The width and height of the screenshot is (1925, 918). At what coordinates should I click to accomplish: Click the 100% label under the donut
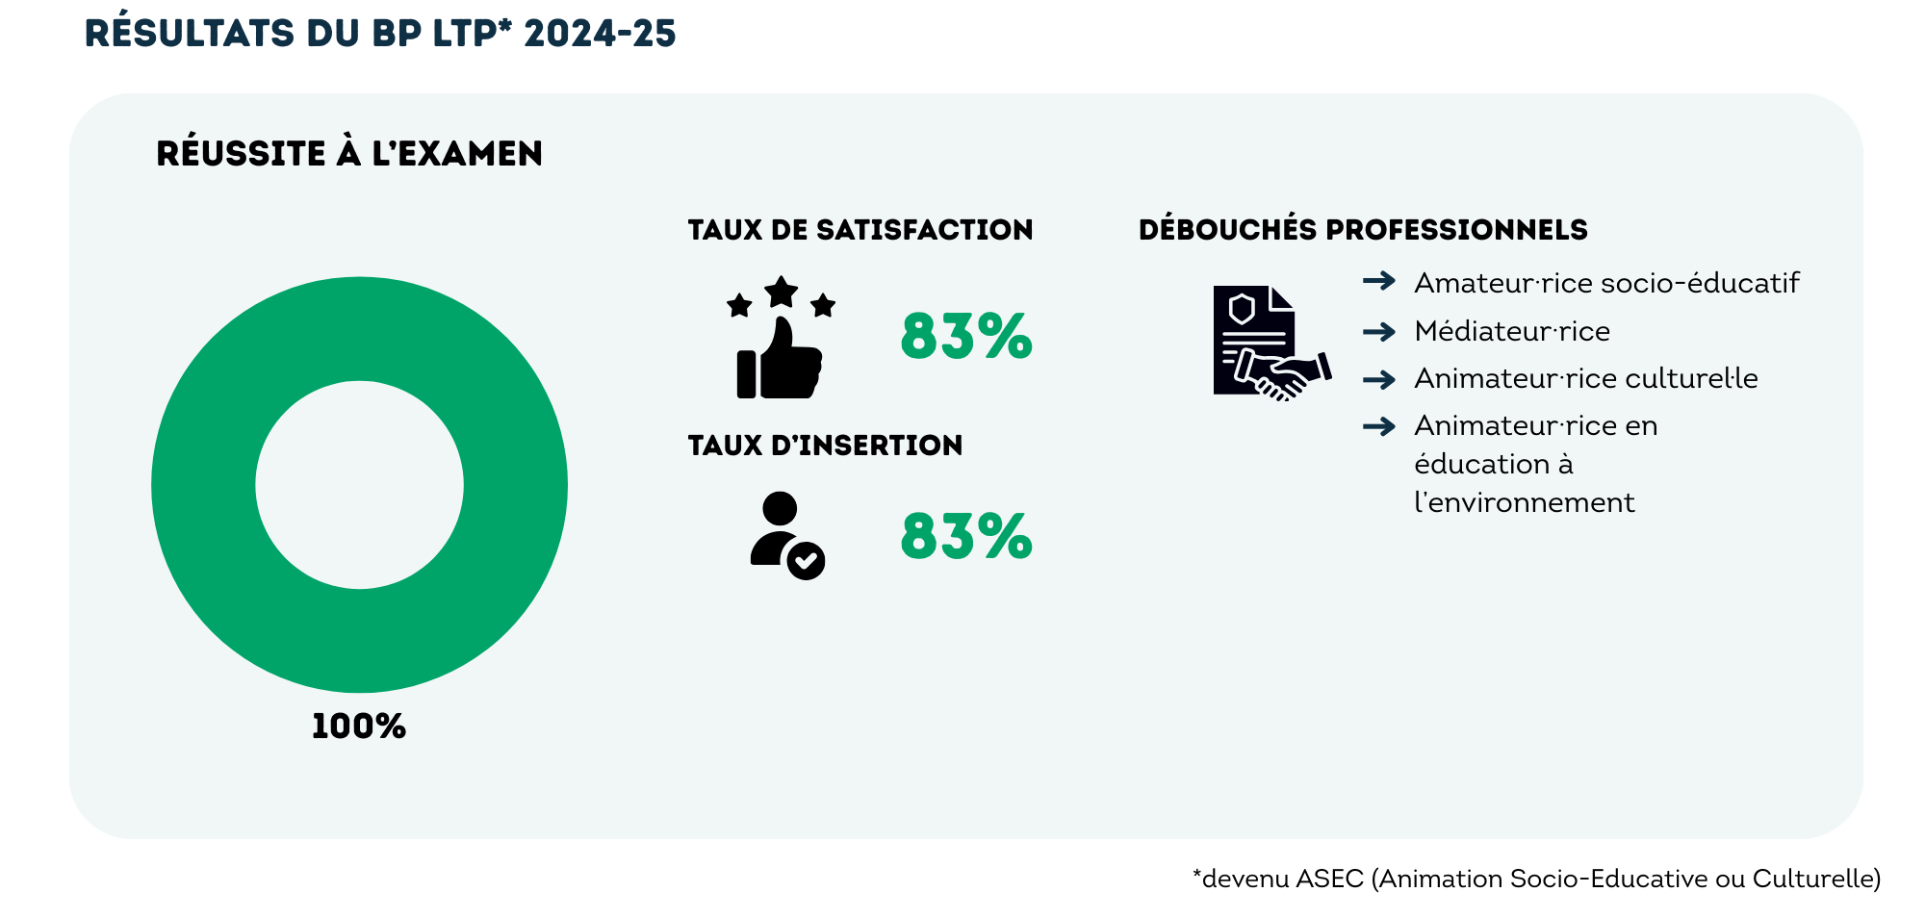[x=358, y=727]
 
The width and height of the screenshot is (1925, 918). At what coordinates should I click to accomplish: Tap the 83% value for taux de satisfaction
[x=965, y=337]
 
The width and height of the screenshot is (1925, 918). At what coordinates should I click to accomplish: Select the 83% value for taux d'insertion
[x=965, y=536]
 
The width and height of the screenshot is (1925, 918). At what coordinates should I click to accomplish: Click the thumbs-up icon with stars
[x=780, y=341]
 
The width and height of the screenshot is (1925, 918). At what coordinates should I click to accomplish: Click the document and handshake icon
[x=1270, y=343]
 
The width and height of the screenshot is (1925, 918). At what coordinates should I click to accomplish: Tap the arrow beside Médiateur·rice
[x=1379, y=332]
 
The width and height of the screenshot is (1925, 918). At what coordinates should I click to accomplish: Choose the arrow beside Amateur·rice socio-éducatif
[x=1379, y=281]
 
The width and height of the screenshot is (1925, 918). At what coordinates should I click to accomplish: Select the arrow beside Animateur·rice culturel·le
[x=1379, y=379]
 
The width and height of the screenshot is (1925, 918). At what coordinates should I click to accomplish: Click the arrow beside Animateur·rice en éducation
[x=1379, y=426]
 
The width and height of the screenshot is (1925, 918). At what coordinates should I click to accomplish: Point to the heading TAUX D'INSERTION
[x=825, y=446]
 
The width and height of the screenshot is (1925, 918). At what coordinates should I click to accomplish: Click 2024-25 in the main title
[x=600, y=34]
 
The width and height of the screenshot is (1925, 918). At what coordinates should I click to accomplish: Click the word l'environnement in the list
[x=1524, y=502]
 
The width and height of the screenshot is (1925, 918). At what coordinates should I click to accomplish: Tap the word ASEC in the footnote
[x=1329, y=879]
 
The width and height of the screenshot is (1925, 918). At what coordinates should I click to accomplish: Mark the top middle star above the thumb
[x=781, y=292]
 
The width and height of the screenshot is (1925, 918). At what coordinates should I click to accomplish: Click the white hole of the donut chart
[x=359, y=485]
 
